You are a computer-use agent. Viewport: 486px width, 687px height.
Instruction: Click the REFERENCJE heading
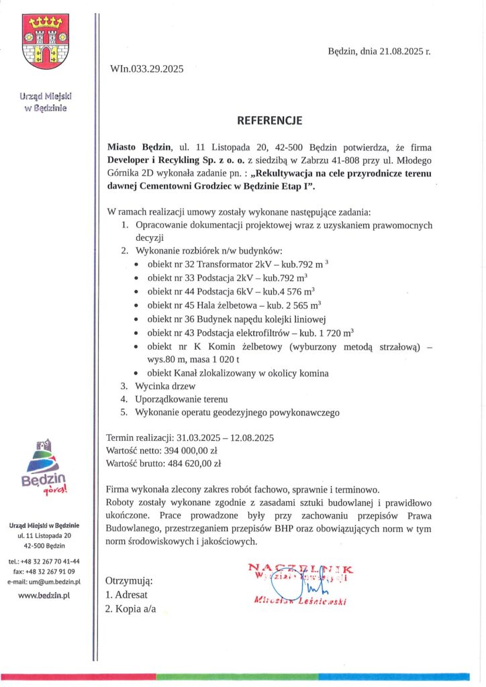(x=270, y=121)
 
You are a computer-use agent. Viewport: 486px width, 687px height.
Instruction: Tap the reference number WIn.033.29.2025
(x=146, y=68)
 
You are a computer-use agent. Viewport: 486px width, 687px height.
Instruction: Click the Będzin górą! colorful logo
(x=44, y=469)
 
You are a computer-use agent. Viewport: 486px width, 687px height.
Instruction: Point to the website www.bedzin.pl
(x=44, y=594)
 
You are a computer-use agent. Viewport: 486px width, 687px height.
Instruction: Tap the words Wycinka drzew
(x=166, y=386)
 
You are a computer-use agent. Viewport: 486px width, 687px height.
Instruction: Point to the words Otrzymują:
(x=130, y=580)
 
